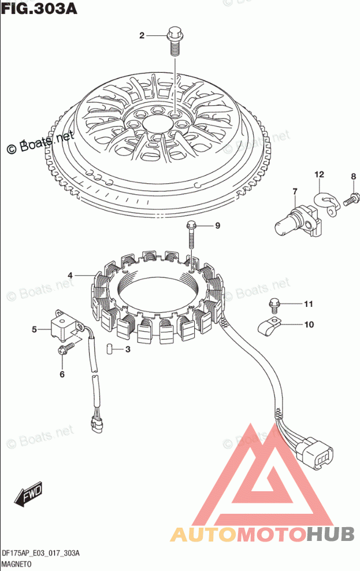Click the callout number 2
tap(142, 36)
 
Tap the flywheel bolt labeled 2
tap(173, 36)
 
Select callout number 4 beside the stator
tap(70, 275)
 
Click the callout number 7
tap(294, 191)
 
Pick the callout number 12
tap(319, 174)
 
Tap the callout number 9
tap(218, 225)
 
